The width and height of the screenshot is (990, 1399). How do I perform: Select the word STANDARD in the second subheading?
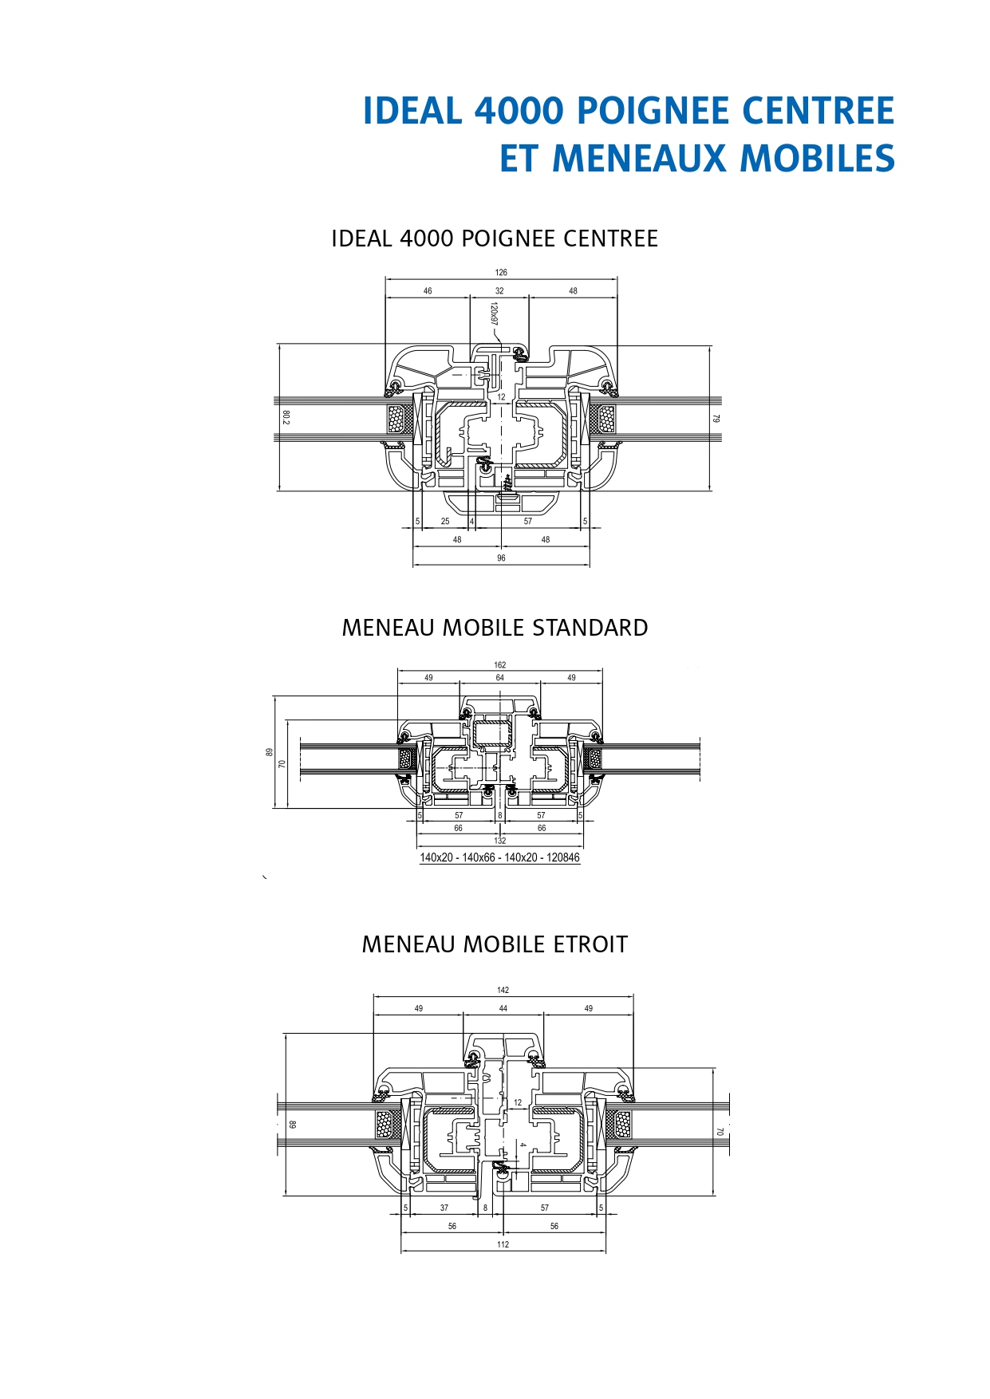tap(590, 628)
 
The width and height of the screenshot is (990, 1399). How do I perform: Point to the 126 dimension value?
tap(501, 272)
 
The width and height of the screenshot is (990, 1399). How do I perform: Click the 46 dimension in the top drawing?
tap(428, 291)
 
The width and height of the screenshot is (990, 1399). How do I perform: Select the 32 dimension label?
tap(499, 291)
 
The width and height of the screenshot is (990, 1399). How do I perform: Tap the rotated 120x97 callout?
tap(494, 314)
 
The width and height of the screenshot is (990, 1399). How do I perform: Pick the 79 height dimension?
tap(716, 418)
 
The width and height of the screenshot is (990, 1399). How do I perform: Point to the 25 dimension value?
tap(445, 522)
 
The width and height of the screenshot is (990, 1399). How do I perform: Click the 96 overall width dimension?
tap(501, 558)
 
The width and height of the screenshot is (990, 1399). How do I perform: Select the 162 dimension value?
tap(499, 664)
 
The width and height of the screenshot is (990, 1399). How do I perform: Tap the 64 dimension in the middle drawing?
tap(499, 678)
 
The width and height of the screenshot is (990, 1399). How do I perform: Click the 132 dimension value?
tap(499, 841)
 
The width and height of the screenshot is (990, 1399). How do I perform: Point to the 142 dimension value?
tap(503, 990)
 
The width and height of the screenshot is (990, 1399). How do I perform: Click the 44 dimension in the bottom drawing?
tap(503, 1009)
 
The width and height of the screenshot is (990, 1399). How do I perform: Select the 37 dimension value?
tap(444, 1208)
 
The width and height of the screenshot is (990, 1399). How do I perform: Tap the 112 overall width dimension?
tap(503, 1244)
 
